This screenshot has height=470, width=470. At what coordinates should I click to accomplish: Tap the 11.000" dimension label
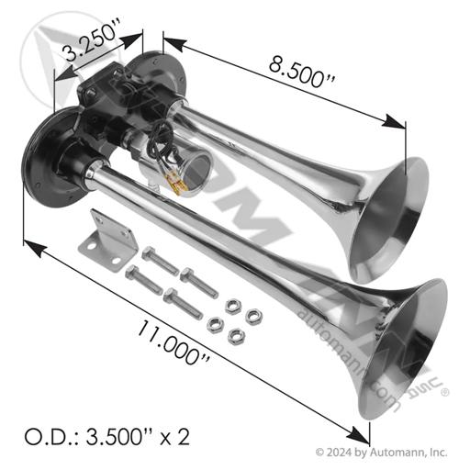[173, 342]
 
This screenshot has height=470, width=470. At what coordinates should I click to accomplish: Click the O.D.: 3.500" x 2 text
[107, 437]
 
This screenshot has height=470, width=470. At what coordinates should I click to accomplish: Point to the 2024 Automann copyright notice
[381, 452]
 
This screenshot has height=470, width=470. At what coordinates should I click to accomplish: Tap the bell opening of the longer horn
[404, 349]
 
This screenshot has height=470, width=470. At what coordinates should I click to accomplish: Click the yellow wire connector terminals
[177, 185]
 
